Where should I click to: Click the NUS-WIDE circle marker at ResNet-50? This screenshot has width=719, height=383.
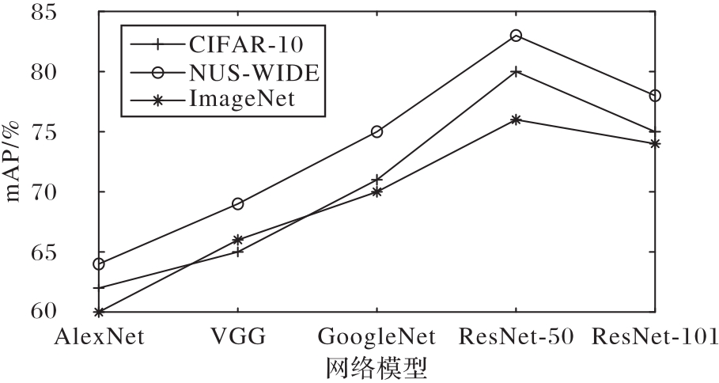click(516, 36)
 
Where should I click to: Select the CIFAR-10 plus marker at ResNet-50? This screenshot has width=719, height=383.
click(516, 71)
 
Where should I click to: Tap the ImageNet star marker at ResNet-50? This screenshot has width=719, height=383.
click(516, 119)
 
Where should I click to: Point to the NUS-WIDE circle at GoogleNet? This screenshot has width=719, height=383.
click(377, 131)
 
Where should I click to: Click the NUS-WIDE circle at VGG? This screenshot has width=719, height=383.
click(237, 203)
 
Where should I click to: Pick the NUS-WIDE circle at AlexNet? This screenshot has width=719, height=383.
click(98, 264)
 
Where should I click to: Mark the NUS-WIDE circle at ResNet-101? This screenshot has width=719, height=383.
click(655, 96)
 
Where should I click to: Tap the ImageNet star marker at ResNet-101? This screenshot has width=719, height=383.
click(655, 143)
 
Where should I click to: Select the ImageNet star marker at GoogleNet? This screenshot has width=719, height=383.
click(377, 191)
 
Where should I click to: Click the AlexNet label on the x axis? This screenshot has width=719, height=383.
click(98, 336)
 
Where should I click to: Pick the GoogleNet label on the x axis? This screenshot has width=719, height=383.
click(377, 336)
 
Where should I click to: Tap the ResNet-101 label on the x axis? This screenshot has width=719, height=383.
click(655, 336)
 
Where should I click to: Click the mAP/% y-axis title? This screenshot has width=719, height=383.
click(14, 162)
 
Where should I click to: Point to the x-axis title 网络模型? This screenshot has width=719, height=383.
click(377, 367)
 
